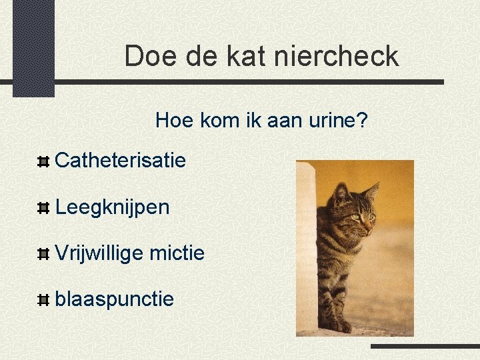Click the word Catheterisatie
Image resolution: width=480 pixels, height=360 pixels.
[x=121, y=160]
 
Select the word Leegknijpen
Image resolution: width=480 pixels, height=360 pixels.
[x=113, y=207]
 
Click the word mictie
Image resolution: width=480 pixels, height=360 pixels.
[x=177, y=253]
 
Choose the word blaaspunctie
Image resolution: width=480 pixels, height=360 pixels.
[x=115, y=299]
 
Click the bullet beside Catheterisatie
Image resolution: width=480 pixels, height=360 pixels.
[x=43, y=161]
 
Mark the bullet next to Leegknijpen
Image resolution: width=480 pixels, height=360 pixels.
[x=43, y=209]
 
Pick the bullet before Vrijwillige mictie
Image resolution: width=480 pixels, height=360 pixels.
[x=43, y=254]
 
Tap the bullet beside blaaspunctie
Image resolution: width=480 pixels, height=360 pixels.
[x=43, y=301]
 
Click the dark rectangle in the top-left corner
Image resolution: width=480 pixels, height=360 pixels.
[x=33, y=47]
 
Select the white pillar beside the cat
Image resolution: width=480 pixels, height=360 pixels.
[x=306, y=247]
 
